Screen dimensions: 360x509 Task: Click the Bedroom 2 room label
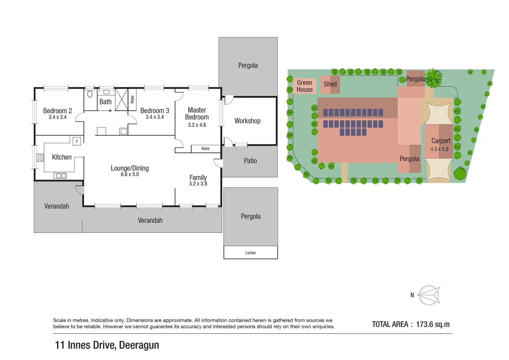pos(57,111)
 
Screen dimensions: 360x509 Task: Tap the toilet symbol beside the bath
pos(90,94)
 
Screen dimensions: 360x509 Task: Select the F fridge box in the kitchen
pos(77,141)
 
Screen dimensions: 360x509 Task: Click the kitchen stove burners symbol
pos(40,157)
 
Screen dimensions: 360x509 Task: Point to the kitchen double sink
pos(60,176)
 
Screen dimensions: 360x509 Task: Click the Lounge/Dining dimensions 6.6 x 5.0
pos(130,174)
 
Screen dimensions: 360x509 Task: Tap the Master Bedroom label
pos(197,113)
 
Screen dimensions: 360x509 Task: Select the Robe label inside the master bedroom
pos(205,149)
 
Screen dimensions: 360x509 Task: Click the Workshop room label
pos(247,121)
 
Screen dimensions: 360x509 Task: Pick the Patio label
pos(250,161)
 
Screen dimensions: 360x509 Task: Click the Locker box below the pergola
pos(251,253)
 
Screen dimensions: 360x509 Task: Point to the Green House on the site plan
pos(305,86)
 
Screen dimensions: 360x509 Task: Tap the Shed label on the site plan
pos(330,84)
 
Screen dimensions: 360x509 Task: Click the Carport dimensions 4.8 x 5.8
pos(439,149)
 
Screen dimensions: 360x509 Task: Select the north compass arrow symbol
pos(429,295)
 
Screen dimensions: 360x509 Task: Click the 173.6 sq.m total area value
pos(433,324)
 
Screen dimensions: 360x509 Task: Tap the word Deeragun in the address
pos(139,345)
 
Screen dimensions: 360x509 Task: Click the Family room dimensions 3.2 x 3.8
pos(198,184)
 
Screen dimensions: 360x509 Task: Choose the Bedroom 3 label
pos(155,111)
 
